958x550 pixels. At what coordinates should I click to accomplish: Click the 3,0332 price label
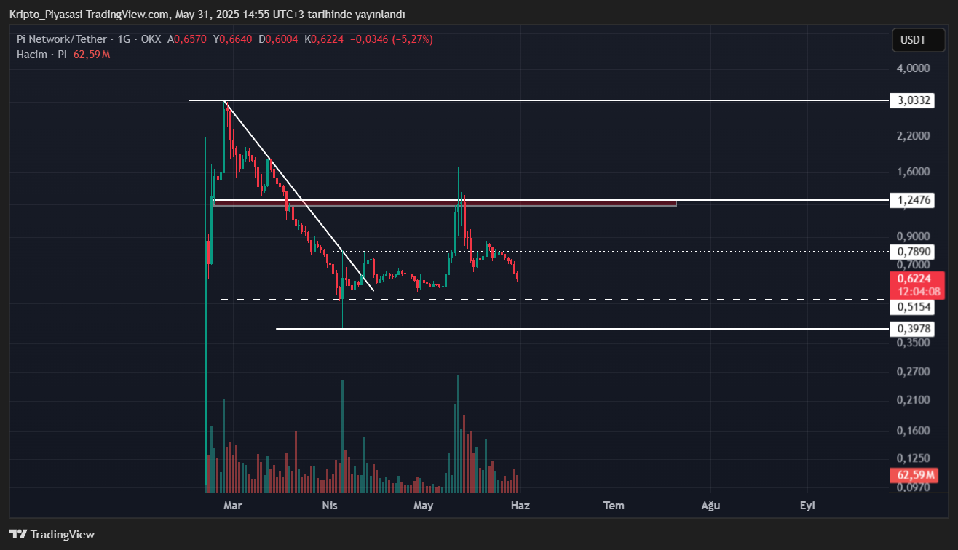pyautogui.click(x=914, y=100)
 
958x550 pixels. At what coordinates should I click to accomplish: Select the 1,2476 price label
pyautogui.click(x=914, y=200)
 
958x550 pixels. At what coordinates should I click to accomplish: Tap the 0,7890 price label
pyautogui.click(x=914, y=252)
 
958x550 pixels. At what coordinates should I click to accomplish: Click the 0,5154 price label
pyautogui.click(x=914, y=307)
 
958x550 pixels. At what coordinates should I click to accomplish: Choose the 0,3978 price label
pyautogui.click(x=914, y=330)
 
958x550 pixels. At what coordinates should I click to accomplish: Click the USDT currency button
pyautogui.click(x=919, y=39)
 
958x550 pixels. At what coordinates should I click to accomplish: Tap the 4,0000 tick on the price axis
pyautogui.click(x=913, y=68)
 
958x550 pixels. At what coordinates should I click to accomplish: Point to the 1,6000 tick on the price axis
pyautogui.click(x=913, y=172)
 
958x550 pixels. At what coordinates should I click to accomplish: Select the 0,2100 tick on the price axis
pyautogui.click(x=913, y=400)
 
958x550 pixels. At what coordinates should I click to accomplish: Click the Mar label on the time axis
pyautogui.click(x=232, y=506)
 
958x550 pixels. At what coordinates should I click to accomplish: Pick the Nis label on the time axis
pyautogui.click(x=330, y=506)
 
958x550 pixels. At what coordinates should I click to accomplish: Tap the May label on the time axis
pyautogui.click(x=423, y=506)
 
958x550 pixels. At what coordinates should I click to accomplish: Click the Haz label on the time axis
pyautogui.click(x=520, y=506)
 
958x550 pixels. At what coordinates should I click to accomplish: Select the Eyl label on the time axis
pyautogui.click(x=807, y=506)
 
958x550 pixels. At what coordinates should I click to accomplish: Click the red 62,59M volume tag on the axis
pyautogui.click(x=916, y=475)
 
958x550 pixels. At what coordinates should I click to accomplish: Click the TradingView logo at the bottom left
pyautogui.click(x=52, y=535)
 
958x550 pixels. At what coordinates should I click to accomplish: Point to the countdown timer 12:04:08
pyautogui.click(x=919, y=292)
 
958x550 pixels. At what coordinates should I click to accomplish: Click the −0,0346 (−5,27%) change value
pyautogui.click(x=392, y=39)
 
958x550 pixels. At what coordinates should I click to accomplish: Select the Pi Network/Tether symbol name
pyautogui.click(x=62, y=39)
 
